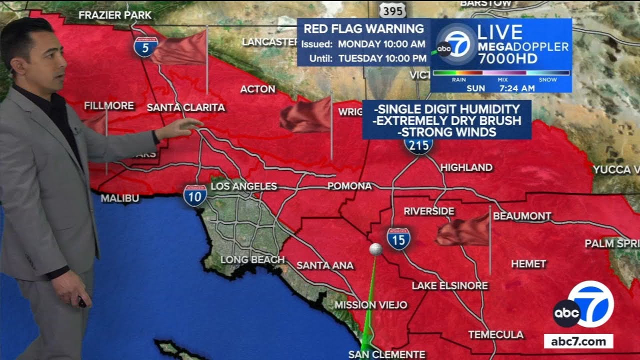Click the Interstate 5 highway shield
click(145, 46)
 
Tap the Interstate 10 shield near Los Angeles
click(194, 195)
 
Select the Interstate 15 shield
click(398, 238)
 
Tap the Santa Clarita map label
click(186, 107)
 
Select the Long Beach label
click(252, 259)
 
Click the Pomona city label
click(349, 186)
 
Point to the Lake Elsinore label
click(449, 285)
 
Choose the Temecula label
click(496, 334)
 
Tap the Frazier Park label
click(114, 15)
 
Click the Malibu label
click(120, 198)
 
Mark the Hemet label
click(528, 263)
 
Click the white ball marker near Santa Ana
click(375, 249)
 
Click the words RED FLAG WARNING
click(363, 28)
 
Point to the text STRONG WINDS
click(446, 132)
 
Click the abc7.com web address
click(578, 342)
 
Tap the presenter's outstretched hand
click(185, 127)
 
